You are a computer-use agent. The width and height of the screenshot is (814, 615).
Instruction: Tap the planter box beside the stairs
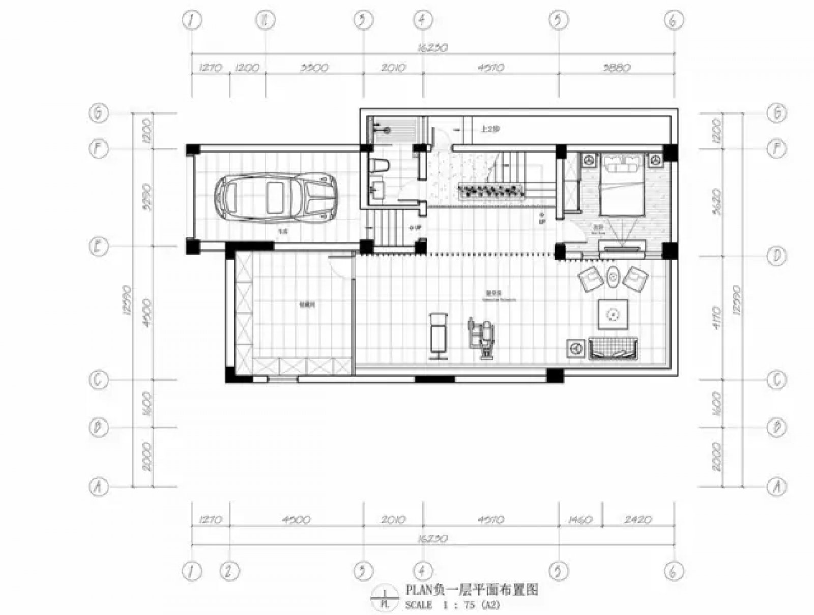click(491, 191)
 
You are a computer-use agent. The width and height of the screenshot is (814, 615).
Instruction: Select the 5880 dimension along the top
click(616, 67)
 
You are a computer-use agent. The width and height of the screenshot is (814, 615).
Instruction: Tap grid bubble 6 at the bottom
click(674, 571)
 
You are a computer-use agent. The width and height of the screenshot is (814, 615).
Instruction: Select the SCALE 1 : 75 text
click(452, 604)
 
